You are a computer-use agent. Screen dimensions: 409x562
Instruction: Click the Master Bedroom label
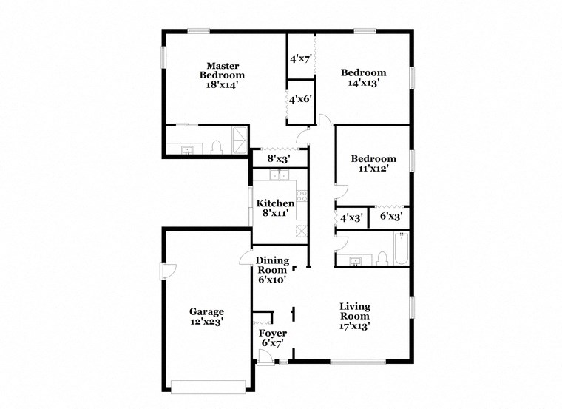tap(223, 70)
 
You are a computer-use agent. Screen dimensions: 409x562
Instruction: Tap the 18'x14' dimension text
tap(223, 85)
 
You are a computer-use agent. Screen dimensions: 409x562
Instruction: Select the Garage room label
tap(206, 311)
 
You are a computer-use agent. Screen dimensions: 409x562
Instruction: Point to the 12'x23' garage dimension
tap(206, 322)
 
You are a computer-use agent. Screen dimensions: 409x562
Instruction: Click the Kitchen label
tap(275, 203)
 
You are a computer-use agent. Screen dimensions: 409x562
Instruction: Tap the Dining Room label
tap(272, 265)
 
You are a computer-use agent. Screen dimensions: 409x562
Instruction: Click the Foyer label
tap(273, 334)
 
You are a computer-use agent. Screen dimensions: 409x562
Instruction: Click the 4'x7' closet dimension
tap(301, 58)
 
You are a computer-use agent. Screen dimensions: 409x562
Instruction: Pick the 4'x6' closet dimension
tap(301, 98)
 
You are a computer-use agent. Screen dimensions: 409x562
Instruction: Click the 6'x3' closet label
tap(390, 217)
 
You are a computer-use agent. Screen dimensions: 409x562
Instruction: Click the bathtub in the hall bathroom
tap(400, 249)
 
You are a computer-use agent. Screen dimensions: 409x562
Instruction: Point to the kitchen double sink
tap(279, 175)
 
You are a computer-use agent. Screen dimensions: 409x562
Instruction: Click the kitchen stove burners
tap(302, 195)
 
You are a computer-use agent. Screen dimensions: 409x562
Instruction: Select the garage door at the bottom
tap(208, 385)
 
